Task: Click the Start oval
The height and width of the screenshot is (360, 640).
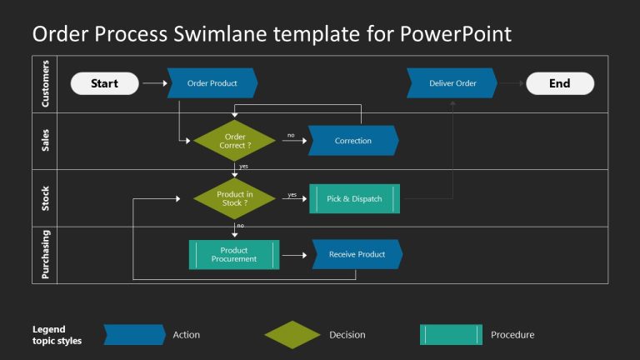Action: [104, 83]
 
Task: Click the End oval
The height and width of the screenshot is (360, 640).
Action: [559, 83]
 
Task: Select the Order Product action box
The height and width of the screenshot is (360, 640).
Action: [212, 83]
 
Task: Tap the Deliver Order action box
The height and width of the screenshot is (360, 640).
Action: [452, 83]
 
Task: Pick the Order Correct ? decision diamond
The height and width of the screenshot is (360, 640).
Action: [234, 141]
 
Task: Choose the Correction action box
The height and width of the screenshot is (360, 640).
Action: [353, 141]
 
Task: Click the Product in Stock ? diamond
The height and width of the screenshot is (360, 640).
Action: [234, 198]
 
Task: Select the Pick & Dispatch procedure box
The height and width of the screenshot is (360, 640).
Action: [354, 198]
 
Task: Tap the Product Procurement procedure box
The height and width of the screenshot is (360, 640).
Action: [234, 254]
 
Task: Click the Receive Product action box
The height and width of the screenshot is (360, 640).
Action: [357, 254]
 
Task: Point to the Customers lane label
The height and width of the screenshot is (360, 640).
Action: [45, 84]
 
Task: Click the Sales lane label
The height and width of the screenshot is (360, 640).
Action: [45, 141]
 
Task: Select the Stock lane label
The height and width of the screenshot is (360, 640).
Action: [45, 198]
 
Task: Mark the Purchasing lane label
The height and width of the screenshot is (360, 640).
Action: [45, 255]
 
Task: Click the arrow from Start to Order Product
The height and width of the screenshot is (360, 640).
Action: [154, 83]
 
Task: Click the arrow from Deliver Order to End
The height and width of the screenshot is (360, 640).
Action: [511, 83]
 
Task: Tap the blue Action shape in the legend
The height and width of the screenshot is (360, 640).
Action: [134, 335]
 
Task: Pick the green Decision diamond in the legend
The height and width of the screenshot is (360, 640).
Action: [292, 335]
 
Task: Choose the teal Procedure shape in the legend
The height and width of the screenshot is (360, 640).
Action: [451, 335]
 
